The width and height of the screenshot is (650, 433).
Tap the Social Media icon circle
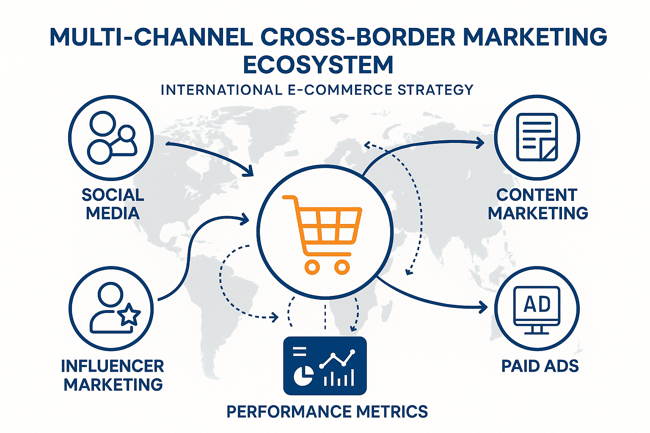tap(111, 138)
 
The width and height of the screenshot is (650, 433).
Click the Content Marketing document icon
tap(537, 137)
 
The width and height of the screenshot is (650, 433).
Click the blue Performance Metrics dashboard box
tap(325, 366)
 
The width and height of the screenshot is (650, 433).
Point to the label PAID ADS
tap(540, 366)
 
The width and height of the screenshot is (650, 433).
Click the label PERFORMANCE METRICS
tap(327, 411)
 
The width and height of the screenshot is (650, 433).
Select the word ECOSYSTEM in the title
tap(318, 65)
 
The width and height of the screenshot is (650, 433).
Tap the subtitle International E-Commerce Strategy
tap(317, 90)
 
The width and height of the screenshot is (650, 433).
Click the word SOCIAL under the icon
tap(113, 195)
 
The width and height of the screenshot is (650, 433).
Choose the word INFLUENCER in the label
tap(113, 366)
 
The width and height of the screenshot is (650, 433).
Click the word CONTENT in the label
tap(537, 195)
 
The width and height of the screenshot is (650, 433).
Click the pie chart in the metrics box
tap(303, 375)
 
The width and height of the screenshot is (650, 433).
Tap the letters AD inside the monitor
tap(537, 304)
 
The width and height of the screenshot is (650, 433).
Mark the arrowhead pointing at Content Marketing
tap(480, 143)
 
